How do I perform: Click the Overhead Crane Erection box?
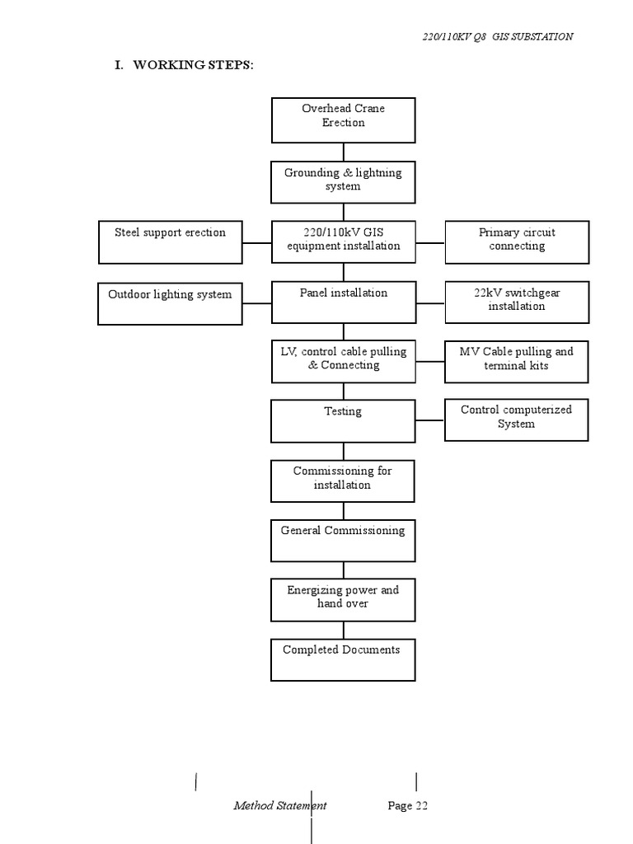tap(343, 120)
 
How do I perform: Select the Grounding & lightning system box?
tap(343, 181)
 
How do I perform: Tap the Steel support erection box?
tap(170, 241)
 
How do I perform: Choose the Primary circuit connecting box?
tap(517, 241)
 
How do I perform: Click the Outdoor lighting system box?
tap(170, 302)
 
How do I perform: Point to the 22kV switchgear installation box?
tap(517, 302)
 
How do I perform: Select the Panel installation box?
tap(343, 302)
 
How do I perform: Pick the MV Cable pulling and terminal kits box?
tap(517, 362)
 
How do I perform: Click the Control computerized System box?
tap(517, 420)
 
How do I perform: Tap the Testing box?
tap(343, 421)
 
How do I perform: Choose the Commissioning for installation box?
tap(343, 481)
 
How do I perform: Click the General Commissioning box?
tap(343, 540)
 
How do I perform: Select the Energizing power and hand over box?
tap(343, 599)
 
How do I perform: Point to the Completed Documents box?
tap(343, 659)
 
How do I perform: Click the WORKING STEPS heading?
tap(183, 66)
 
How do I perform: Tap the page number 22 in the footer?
tap(408, 806)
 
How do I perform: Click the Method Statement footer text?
tap(279, 806)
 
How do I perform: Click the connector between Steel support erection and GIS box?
tap(257, 243)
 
